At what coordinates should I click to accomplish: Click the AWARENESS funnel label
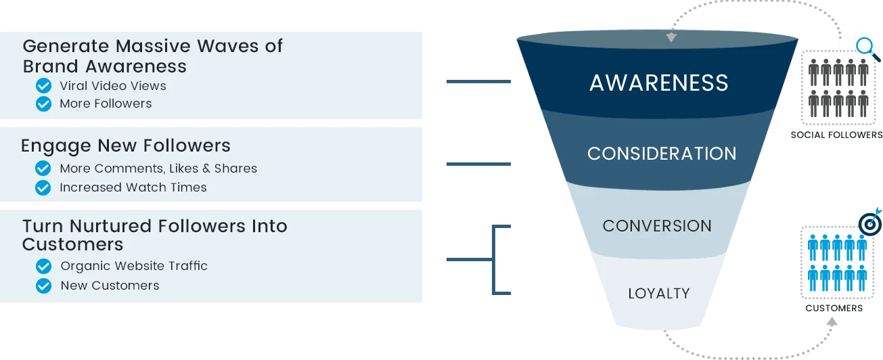tap(658, 83)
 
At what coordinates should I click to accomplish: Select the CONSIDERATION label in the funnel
tap(661, 154)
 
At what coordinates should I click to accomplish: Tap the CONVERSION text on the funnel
tap(657, 226)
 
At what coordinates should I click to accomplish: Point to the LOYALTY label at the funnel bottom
tap(658, 294)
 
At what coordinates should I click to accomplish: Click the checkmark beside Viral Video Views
tap(43, 86)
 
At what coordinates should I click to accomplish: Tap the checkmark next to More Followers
tap(43, 104)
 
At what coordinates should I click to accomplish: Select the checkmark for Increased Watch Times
tap(43, 187)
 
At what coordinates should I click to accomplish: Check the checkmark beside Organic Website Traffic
tap(43, 266)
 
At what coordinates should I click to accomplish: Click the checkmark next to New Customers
tap(43, 286)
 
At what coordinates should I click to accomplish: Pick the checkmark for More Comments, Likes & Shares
tap(43, 168)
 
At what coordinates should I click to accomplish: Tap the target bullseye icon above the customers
tap(869, 223)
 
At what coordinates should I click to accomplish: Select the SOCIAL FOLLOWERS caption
tap(836, 135)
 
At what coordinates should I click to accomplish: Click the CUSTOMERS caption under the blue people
tap(834, 308)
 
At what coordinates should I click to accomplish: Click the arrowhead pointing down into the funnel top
tap(671, 38)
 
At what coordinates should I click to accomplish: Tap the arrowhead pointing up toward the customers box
tap(832, 321)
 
